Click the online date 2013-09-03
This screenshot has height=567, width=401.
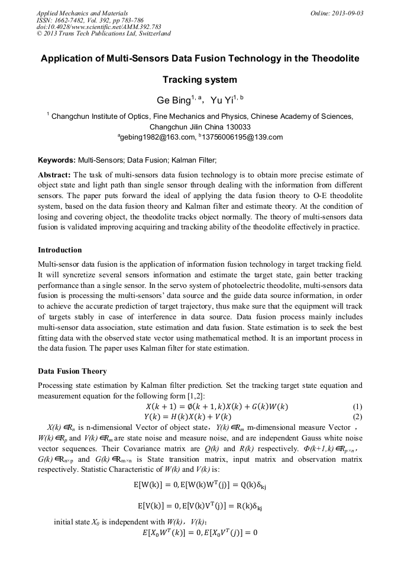tap(347, 12)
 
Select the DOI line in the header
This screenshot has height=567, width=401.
tap(99, 27)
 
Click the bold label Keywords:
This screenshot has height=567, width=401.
tap(56, 160)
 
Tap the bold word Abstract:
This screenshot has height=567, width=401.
tap(54, 175)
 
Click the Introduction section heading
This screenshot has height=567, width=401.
tap(60, 250)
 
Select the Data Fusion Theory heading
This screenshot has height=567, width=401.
tap(72, 371)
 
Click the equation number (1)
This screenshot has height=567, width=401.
tap(357, 407)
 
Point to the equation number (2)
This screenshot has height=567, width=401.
tap(357, 416)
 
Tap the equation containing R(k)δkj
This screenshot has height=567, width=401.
tap(200, 506)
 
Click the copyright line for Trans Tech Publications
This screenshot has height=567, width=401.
tap(104, 34)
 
